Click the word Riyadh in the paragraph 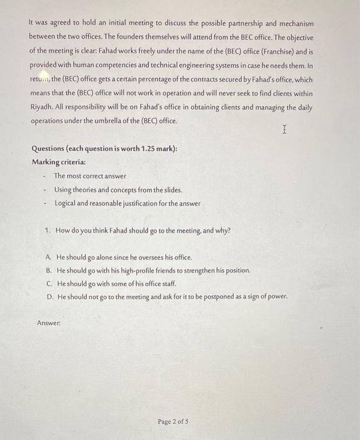(42, 107)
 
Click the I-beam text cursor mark (285, 130)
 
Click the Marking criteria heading (59, 162)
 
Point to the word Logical (66, 204)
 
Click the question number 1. (48, 231)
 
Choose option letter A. (49, 258)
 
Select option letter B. (49, 270)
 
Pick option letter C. (49, 283)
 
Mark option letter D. (49, 295)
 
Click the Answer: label (48, 323)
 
